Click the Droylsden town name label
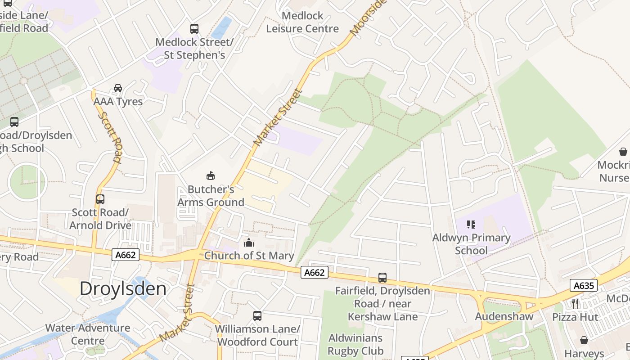coord(123,289)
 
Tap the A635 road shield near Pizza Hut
coord(583,285)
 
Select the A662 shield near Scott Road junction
coord(126,255)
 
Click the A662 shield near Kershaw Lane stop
coord(314,272)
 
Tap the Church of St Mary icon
coord(248,243)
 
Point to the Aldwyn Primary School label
coord(471,244)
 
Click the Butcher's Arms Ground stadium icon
coord(210,175)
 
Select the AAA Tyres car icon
coord(118,88)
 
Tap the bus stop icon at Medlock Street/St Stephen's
coord(194,29)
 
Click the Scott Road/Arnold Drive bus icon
coord(100,199)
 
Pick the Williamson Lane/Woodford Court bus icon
coord(257,316)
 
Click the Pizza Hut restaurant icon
coord(575,303)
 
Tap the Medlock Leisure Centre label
coord(302,22)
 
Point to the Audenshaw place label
coord(504,316)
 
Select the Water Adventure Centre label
coord(88,334)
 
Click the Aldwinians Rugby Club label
coord(355,344)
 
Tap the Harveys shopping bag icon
coord(584,340)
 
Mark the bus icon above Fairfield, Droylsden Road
coord(382,278)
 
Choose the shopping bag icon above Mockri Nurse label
coord(623,152)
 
